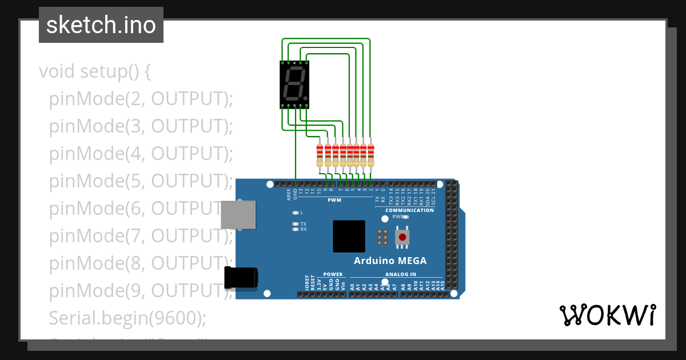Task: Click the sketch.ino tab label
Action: click(101, 25)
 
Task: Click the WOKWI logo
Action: click(607, 315)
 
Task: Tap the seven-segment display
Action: click(295, 85)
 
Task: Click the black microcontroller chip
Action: click(349, 236)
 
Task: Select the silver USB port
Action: click(238, 215)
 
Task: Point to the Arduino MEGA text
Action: click(390, 261)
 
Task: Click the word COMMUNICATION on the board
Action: click(409, 210)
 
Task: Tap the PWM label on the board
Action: click(334, 201)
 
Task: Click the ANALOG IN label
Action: click(400, 274)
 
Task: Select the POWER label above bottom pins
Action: click(333, 274)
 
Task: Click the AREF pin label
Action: click(289, 194)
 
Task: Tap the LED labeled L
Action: click(296, 213)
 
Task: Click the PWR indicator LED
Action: click(405, 217)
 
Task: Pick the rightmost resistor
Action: click(370, 155)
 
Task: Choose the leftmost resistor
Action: click(320, 155)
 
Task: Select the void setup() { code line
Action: click(95, 72)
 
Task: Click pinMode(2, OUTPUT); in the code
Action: click(141, 99)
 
